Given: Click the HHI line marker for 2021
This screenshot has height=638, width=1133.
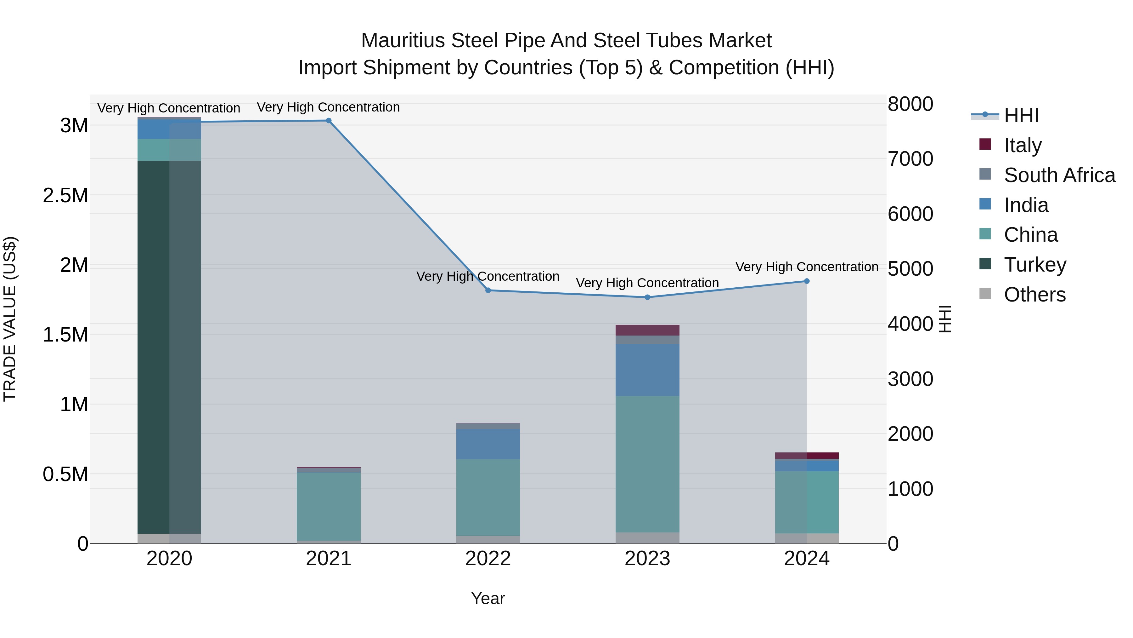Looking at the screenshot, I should tap(329, 121).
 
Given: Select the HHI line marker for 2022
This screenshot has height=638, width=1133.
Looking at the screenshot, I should tap(488, 290).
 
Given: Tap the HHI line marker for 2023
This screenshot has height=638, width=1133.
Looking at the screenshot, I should tap(647, 297).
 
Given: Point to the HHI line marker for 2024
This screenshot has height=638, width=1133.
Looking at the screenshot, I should tap(807, 281).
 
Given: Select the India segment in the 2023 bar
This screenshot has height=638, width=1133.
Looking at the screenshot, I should tap(647, 370).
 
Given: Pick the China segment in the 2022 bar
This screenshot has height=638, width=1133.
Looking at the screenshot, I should tap(488, 497).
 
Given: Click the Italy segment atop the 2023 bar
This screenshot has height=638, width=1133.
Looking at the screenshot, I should tap(647, 330).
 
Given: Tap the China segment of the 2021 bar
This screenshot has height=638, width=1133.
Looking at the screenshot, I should tap(329, 506).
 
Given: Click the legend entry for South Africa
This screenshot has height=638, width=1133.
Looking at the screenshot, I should tap(1059, 175).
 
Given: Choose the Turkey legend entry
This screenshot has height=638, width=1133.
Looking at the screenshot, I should tap(1035, 265).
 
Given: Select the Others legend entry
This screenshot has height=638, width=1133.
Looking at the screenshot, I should tap(1034, 295).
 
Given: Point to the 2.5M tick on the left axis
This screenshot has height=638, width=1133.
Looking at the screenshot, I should tap(65, 195).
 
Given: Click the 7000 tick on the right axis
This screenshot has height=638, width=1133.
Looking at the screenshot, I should tap(910, 159).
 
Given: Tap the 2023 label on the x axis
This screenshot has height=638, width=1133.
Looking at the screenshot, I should tap(647, 559).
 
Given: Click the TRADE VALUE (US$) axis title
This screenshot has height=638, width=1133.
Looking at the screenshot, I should tap(10, 319).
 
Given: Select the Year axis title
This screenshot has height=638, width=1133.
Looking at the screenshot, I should tap(488, 598).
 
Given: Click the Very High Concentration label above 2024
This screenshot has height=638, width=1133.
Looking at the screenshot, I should tap(807, 267).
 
